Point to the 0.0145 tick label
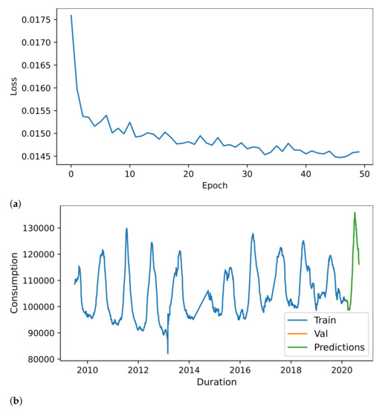[x=38, y=156]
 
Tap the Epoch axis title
[x=213, y=186]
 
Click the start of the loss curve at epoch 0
[x=71, y=15]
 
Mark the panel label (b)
[x=16, y=402]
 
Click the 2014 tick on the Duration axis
[x=189, y=370]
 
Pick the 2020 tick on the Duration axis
[x=341, y=370]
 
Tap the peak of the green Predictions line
[x=355, y=213]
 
